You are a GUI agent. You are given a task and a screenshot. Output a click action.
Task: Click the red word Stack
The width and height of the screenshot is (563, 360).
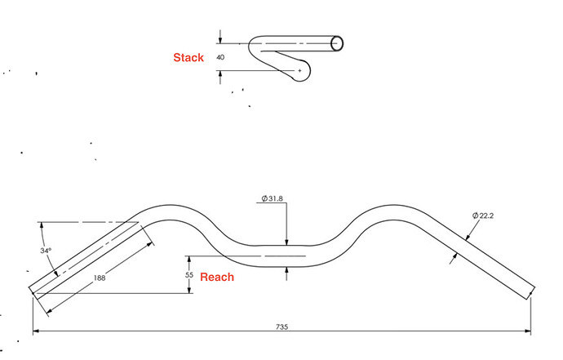coord(188,58)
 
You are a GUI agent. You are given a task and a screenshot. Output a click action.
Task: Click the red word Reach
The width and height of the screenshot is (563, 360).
coord(217,277)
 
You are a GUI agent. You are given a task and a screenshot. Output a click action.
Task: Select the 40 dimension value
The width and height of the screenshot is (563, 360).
coord(220,58)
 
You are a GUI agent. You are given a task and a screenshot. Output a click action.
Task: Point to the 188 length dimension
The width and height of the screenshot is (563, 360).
coord(100,278)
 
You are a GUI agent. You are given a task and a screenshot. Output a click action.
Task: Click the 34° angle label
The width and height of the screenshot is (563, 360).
coord(46,251)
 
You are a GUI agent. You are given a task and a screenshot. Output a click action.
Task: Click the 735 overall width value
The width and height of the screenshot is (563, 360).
coord(281,327)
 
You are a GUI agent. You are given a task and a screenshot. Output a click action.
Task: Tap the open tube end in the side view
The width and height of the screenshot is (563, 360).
coord(337,43)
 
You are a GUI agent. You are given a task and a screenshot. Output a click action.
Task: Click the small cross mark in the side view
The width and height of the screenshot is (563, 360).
coord(299,72)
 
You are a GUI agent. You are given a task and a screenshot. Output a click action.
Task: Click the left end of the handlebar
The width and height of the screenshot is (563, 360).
coord(35,289)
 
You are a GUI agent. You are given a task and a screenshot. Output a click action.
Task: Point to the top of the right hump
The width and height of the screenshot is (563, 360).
coord(388,205)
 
